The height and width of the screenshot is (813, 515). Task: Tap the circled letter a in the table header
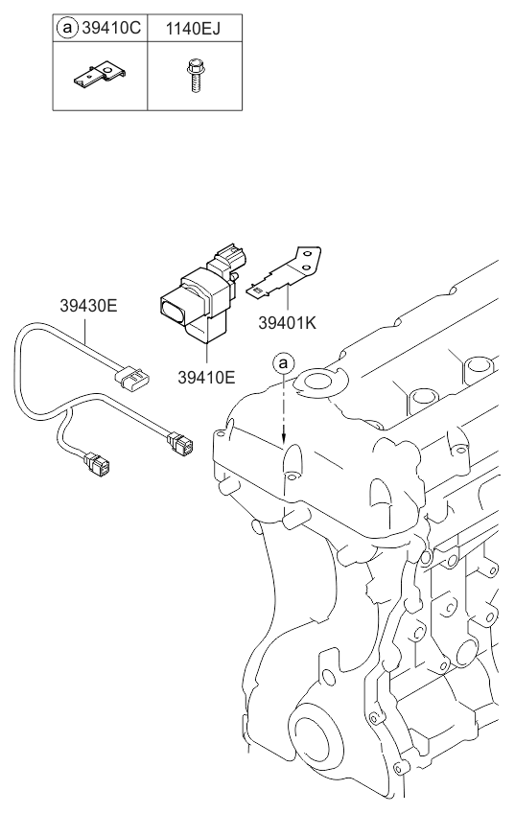tap(66, 28)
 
